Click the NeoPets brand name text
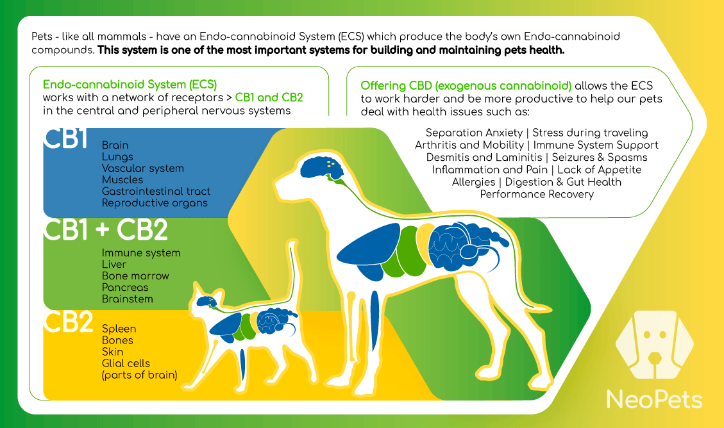click(x=654, y=399)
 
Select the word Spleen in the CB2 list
click(x=119, y=329)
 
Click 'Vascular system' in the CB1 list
click(x=142, y=169)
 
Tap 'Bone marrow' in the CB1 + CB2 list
click(x=135, y=276)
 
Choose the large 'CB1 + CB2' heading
click(x=105, y=229)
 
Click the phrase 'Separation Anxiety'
click(x=474, y=133)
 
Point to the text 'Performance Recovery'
click(x=537, y=194)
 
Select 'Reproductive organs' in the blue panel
click(x=155, y=203)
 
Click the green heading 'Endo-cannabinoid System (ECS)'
click(x=130, y=85)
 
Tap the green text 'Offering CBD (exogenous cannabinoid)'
click(x=466, y=86)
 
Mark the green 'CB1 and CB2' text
click(x=269, y=98)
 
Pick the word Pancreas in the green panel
click(x=125, y=287)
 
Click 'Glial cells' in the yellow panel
click(x=126, y=363)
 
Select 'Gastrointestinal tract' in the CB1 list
click(x=156, y=192)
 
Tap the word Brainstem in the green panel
click(x=128, y=299)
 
